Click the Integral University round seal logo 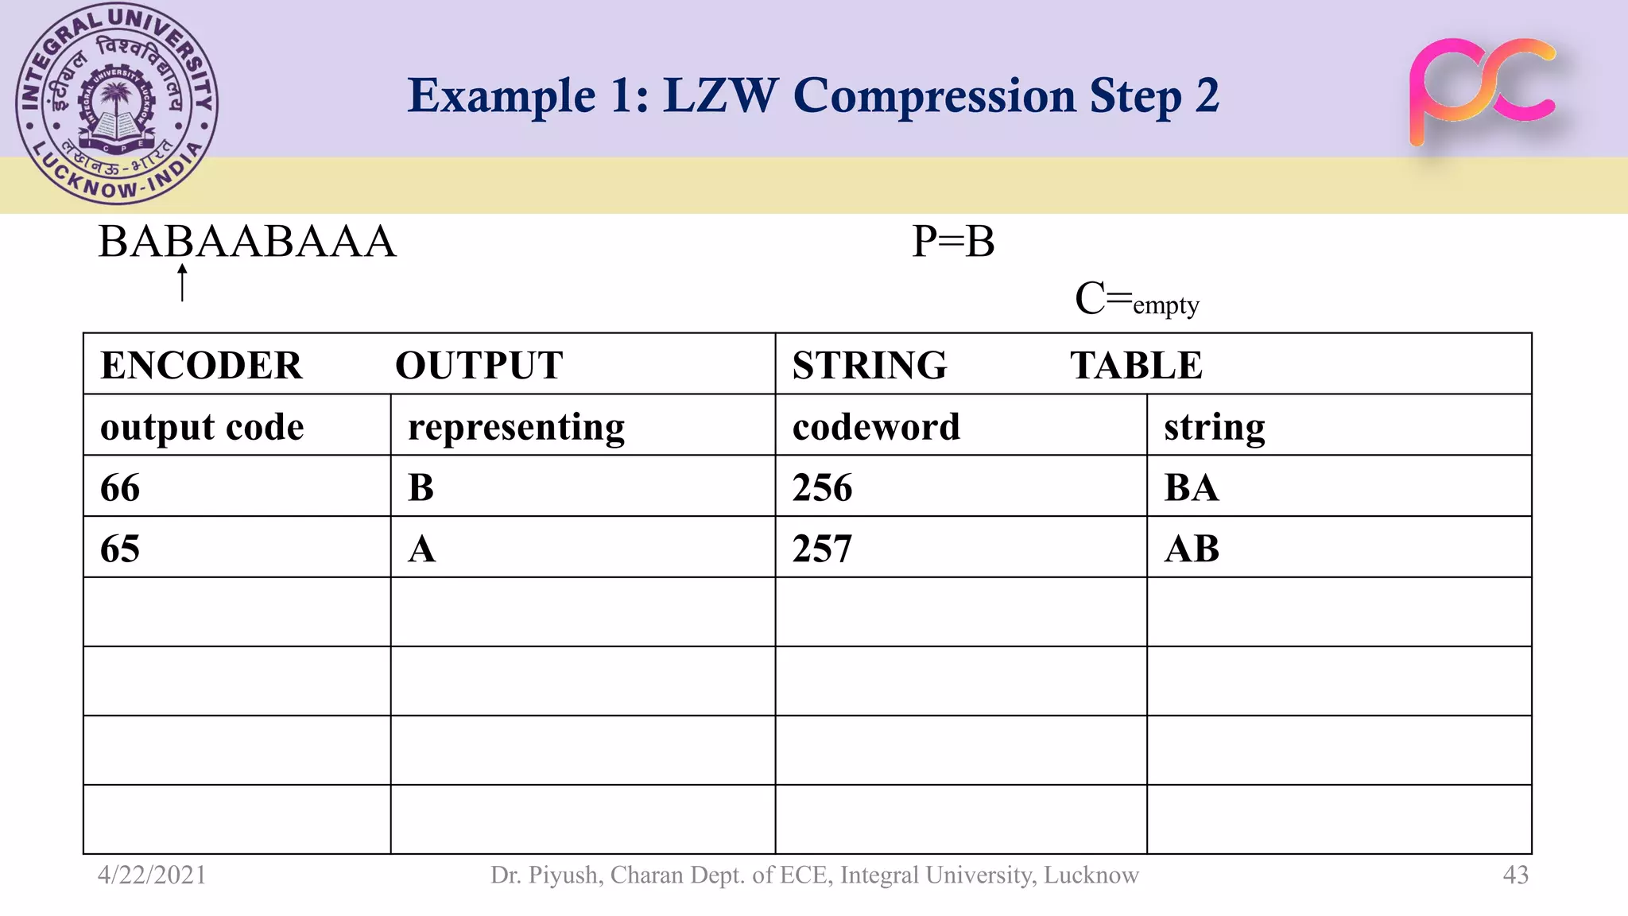pyautogui.click(x=117, y=103)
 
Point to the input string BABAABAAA pyautogui.click(x=246, y=242)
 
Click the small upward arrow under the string pyautogui.click(x=183, y=283)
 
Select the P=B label pyautogui.click(x=953, y=242)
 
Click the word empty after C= pyautogui.click(x=1165, y=305)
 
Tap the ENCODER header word pyautogui.click(x=201, y=366)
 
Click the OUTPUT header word pyautogui.click(x=479, y=366)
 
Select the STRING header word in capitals pyautogui.click(x=870, y=366)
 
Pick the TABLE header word pyautogui.click(x=1136, y=366)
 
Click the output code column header pyautogui.click(x=202, y=427)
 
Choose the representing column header pyautogui.click(x=516, y=427)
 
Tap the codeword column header pyautogui.click(x=876, y=427)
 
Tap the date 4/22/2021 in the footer pyautogui.click(x=152, y=875)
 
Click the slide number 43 pyautogui.click(x=1515, y=875)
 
